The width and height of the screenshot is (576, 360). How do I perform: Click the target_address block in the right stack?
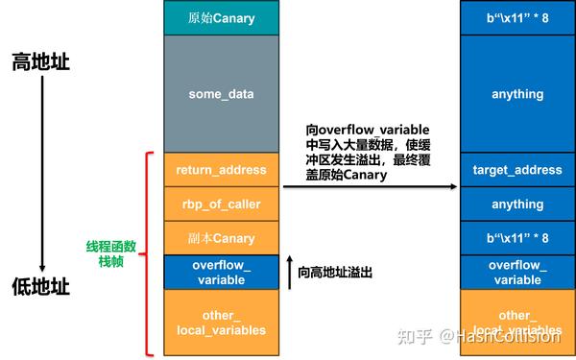pyautogui.click(x=516, y=170)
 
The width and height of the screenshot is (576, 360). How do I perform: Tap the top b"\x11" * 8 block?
pyautogui.click(x=516, y=18)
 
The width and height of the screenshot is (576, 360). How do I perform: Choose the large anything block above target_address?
pyautogui.click(x=516, y=93)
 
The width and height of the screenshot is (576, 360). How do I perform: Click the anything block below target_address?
pyautogui.click(x=516, y=204)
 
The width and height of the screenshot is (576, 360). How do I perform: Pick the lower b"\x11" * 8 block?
pyautogui.click(x=516, y=237)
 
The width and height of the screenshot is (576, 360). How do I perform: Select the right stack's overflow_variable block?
pyautogui.click(x=516, y=272)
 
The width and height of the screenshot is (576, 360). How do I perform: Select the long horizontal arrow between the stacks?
pyautogui.click(x=369, y=187)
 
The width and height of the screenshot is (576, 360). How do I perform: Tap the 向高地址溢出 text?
pyautogui.click(x=335, y=273)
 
